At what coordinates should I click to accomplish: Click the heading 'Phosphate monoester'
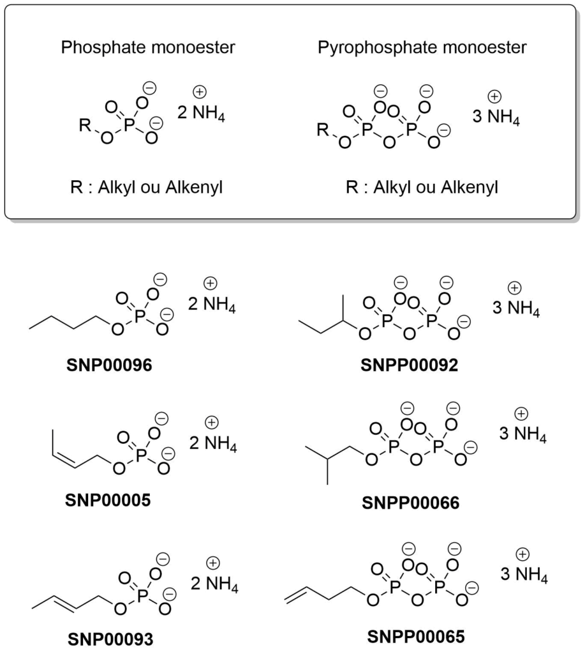[x=148, y=47]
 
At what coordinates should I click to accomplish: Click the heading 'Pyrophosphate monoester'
[x=422, y=47]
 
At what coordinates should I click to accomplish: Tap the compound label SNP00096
[x=109, y=365]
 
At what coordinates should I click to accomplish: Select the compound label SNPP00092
[x=409, y=365]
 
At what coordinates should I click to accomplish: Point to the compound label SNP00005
[x=108, y=499]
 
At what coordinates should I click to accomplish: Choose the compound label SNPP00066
[x=410, y=503]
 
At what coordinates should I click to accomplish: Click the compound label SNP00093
[x=110, y=639]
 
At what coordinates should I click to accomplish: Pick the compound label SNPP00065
[x=416, y=637]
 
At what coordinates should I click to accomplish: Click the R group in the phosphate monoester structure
[x=85, y=125]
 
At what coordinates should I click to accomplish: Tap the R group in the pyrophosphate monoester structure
[x=323, y=130]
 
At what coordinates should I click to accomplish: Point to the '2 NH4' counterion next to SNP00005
[x=213, y=443]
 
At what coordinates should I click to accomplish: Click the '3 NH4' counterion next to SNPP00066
[x=523, y=434]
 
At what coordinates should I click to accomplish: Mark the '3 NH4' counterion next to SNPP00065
[x=524, y=574]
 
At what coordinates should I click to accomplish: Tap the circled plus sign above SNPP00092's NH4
[x=515, y=288]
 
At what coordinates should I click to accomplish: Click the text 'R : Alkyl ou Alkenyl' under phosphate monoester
[x=147, y=188]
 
